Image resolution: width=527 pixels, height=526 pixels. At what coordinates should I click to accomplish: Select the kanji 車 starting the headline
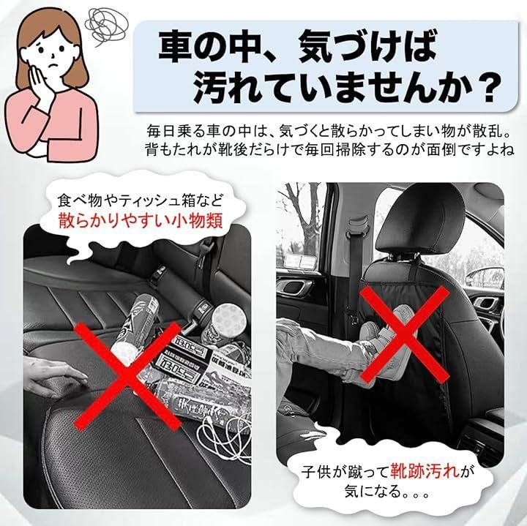[x=177, y=46]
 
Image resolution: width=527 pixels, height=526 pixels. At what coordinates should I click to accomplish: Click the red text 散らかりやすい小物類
[x=141, y=221]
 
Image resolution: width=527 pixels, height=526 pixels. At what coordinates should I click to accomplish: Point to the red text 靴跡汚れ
[x=425, y=471]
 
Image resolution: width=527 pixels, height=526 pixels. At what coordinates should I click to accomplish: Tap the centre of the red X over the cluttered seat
[x=127, y=375]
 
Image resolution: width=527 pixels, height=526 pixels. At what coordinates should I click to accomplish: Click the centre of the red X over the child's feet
[x=405, y=335]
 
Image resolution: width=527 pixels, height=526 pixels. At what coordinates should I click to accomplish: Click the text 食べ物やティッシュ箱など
[x=140, y=201]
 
